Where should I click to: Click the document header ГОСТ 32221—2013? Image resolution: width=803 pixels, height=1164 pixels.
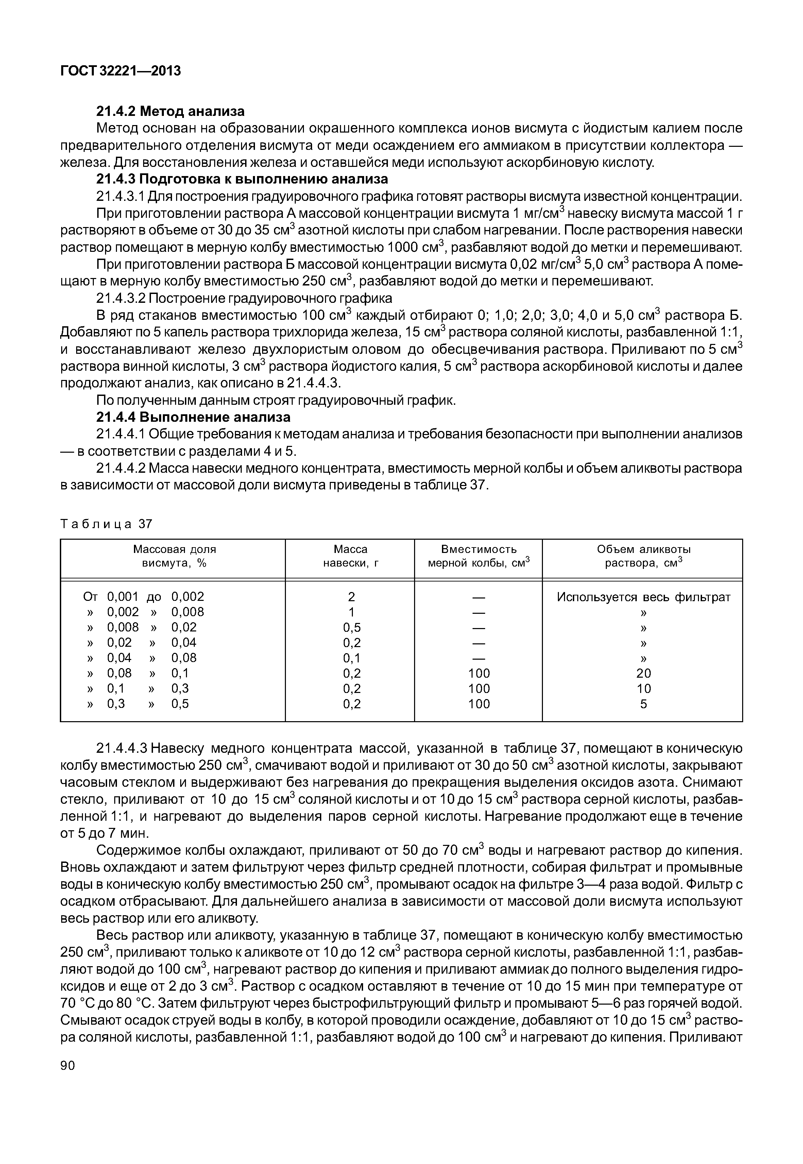(120, 71)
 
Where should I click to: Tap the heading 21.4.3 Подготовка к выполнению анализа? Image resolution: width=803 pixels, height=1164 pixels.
(242, 179)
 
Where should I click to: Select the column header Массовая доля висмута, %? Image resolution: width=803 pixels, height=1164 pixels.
(174, 556)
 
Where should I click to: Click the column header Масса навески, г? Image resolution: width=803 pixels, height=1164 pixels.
(351, 556)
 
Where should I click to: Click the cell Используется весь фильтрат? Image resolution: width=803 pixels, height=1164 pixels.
(644, 597)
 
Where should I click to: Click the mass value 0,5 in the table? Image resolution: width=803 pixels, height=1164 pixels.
(352, 627)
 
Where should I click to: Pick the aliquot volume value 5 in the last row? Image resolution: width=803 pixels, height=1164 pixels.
(644, 704)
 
